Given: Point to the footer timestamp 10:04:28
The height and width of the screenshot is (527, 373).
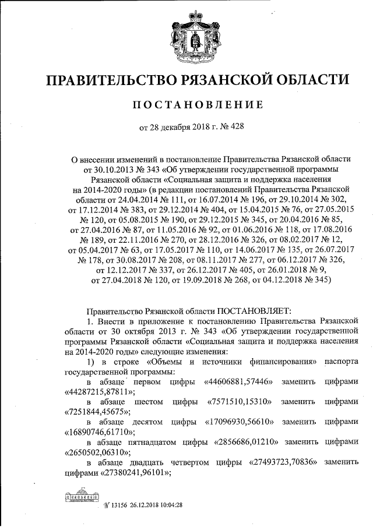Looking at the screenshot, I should (171, 504).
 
